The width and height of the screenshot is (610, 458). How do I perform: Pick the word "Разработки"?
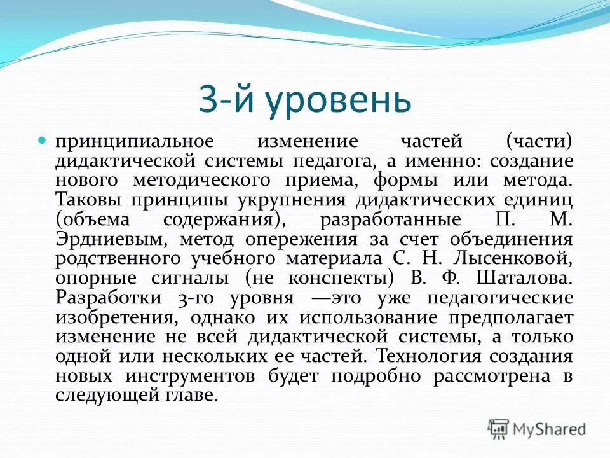105,298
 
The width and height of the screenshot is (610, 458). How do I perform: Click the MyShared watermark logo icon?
499,429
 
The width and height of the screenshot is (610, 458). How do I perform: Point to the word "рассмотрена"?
492,376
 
